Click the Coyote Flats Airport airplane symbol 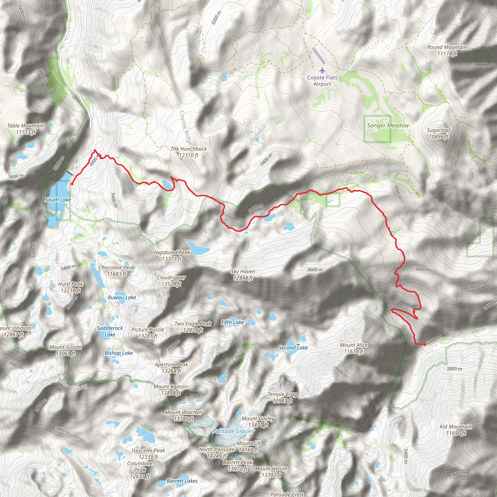click(322, 70)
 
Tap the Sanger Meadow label click(388, 125)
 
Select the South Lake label click(58, 200)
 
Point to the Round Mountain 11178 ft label click(447, 50)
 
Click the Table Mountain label click(25, 129)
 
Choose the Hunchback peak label click(189, 152)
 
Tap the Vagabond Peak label click(172, 256)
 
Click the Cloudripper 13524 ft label click(171, 281)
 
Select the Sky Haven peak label click(243, 274)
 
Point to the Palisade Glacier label click(233, 431)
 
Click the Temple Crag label click(282, 398)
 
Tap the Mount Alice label click(354, 348)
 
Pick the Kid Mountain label click(456, 430)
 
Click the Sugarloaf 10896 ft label click(439, 133)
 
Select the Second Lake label click(293, 348)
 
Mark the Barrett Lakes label click(182, 481)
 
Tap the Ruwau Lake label click(122, 297)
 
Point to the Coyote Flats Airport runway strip click(319, 56)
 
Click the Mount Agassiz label click(171, 390)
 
